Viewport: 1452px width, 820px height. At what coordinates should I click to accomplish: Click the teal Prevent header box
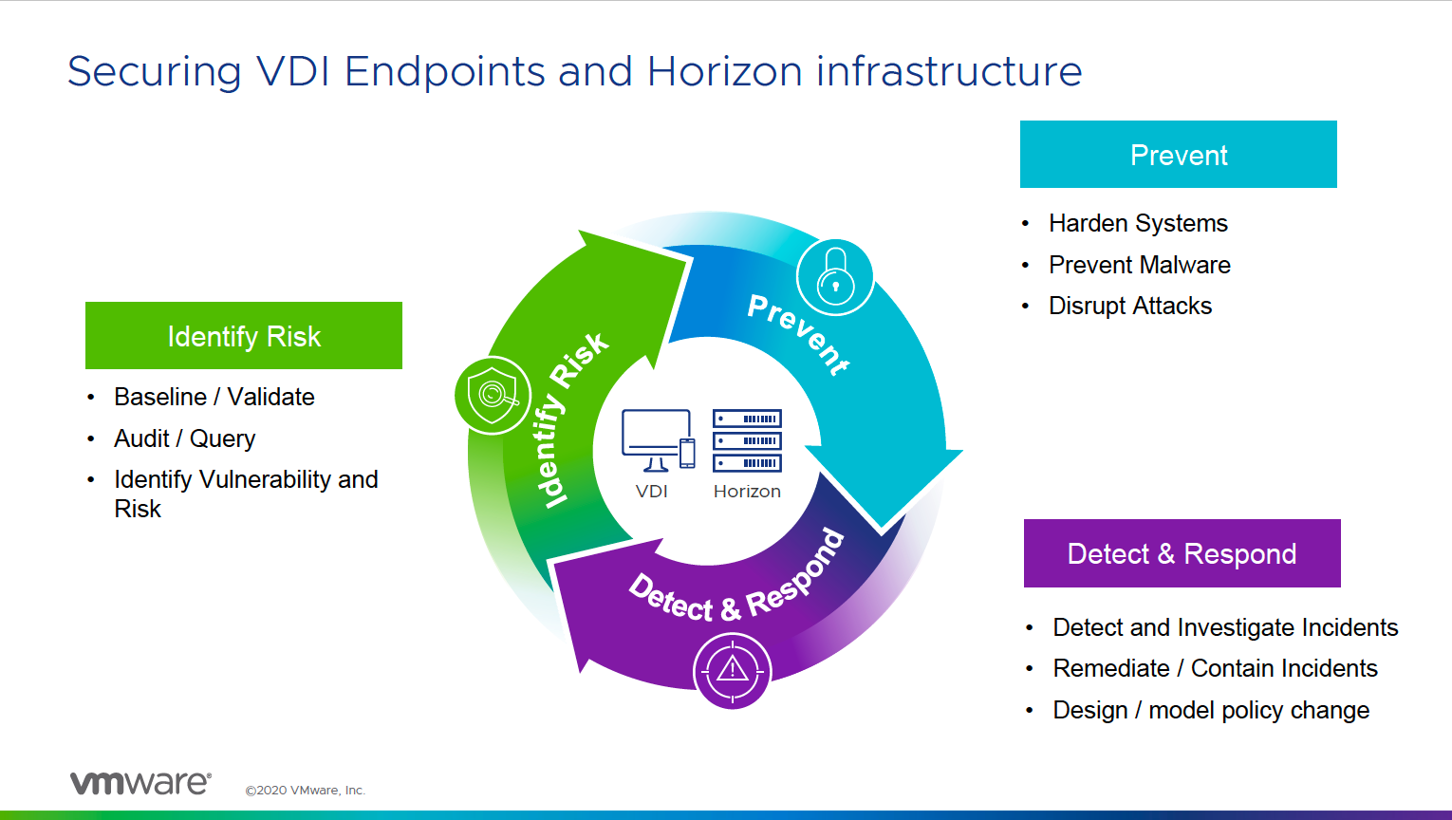[1178, 154]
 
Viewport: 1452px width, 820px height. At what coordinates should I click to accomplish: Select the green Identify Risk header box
[244, 336]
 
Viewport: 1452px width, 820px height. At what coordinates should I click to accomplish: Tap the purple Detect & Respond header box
[1182, 553]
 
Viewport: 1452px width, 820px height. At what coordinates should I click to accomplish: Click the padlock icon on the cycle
[835, 277]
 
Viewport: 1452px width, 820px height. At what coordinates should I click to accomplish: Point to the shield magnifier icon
[493, 395]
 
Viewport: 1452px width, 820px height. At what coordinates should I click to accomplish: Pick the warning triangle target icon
[733, 670]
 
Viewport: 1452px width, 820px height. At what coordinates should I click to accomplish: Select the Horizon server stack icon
[747, 440]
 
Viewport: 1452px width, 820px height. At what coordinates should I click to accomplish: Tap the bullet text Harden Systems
[1138, 223]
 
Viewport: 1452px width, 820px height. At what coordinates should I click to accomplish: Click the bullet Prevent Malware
[1139, 265]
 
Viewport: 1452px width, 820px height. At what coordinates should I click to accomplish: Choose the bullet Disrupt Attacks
[1129, 306]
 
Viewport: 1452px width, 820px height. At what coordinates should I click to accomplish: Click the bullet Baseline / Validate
[214, 397]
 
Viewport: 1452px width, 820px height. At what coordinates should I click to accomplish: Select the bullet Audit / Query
[184, 438]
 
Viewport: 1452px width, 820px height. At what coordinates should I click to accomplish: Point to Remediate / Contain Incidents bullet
[1215, 668]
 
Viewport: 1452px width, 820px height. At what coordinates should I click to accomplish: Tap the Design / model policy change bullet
[1210, 710]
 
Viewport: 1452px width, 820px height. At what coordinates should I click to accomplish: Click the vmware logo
[140, 783]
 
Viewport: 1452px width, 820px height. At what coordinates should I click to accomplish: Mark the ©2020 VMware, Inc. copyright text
[305, 790]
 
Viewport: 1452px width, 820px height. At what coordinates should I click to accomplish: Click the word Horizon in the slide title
[725, 71]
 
